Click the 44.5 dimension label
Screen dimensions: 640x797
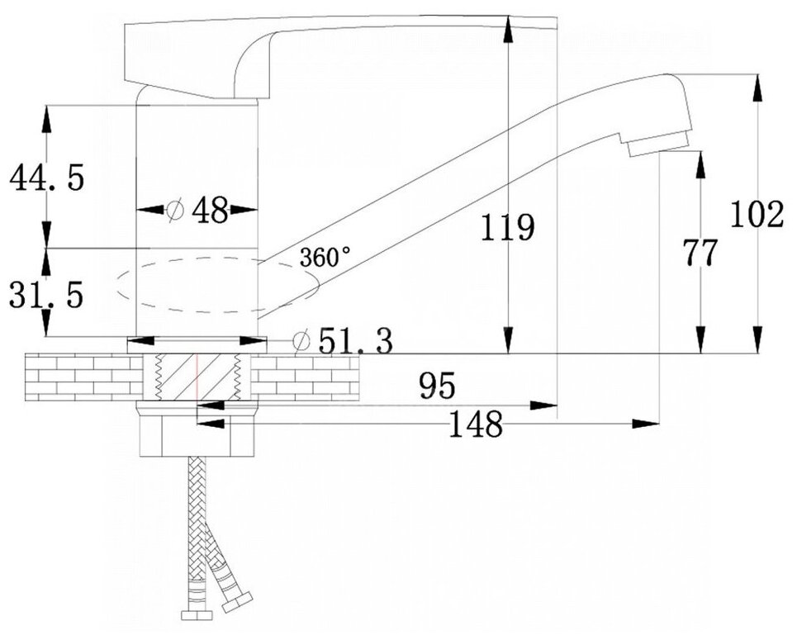pos(45,178)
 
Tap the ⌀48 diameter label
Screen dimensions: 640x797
pos(198,211)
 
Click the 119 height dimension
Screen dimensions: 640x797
pos(508,227)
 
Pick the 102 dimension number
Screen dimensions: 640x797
pos(757,215)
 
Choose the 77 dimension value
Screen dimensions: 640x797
pos(700,253)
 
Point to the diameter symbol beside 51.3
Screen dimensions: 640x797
pos(301,339)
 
